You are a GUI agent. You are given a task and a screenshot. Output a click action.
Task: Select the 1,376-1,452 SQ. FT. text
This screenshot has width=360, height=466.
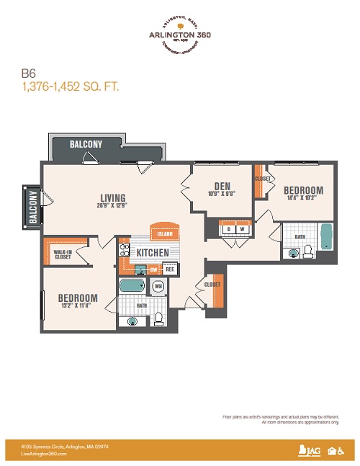[x=68, y=86]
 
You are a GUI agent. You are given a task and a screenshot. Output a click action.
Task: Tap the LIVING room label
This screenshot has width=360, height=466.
[x=113, y=198]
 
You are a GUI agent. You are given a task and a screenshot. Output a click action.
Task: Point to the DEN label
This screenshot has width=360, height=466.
[x=222, y=186]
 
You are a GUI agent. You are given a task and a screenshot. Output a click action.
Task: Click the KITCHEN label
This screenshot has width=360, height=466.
[x=153, y=253]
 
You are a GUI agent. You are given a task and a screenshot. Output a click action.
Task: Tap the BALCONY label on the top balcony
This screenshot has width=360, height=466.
[x=86, y=144]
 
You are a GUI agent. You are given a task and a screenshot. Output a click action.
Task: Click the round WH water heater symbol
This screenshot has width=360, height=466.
[x=158, y=287]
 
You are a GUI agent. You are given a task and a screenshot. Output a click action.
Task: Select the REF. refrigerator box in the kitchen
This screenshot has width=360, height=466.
[x=171, y=269]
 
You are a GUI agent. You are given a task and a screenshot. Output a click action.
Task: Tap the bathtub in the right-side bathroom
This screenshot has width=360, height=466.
[x=327, y=237]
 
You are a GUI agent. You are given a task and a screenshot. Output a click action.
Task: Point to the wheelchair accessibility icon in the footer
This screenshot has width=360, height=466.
[x=341, y=451]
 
